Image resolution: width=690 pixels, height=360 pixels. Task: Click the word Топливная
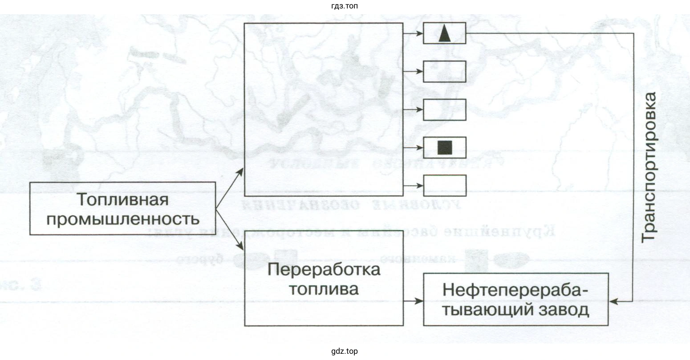point(123,199)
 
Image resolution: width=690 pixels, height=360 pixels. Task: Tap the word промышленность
point(123,219)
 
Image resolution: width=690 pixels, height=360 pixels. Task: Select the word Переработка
point(324,270)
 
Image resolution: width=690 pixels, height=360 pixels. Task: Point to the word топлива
point(324,289)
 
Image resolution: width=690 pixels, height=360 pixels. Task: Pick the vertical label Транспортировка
point(649,167)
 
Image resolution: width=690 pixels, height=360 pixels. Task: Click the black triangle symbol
point(444,34)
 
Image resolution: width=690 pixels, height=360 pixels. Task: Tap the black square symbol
point(444,147)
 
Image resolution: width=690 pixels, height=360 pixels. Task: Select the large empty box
point(324,109)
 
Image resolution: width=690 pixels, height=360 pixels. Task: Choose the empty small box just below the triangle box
point(444,72)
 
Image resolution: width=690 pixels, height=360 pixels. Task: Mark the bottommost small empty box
point(444,186)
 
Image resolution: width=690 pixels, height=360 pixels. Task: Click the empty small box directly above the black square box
point(444,109)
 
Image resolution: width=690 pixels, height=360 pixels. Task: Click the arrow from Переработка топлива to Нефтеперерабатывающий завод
point(413,301)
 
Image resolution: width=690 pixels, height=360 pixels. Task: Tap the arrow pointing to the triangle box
point(413,33)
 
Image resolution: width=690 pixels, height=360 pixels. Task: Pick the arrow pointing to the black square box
point(413,147)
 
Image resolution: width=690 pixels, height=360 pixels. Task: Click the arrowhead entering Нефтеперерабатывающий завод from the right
point(614,301)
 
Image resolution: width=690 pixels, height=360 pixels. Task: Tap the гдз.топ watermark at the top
point(345,6)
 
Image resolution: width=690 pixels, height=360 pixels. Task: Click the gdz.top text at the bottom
point(345,352)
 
